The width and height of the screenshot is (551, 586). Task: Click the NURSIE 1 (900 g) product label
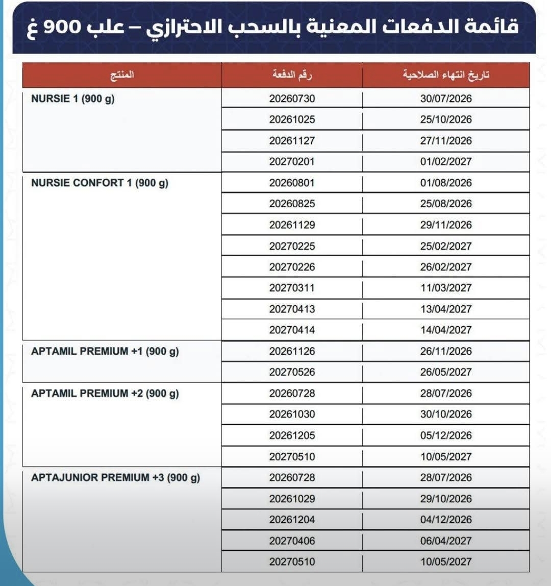tap(73, 99)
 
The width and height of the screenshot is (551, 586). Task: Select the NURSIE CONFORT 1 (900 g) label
tap(99, 183)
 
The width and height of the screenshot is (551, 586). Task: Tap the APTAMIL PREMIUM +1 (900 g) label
tap(105, 351)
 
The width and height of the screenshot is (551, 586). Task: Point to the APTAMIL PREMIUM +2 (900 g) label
tap(105, 394)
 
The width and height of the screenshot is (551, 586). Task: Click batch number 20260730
tap(292, 99)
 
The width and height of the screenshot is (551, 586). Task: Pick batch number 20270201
tap(292, 162)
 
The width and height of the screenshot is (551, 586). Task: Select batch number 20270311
tap(292, 288)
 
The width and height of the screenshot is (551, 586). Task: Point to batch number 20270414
tap(292, 330)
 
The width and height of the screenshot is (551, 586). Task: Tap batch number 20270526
tap(292, 372)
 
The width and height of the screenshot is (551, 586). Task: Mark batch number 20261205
tap(292, 435)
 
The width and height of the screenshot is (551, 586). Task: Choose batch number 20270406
tap(292, 541)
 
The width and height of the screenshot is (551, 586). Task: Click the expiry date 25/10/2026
tap(446, 120)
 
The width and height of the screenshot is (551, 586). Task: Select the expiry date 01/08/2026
tap(446, 183)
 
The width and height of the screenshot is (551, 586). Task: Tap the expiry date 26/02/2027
tap(446, 267)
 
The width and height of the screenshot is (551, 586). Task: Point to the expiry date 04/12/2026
tap(446, 520)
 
